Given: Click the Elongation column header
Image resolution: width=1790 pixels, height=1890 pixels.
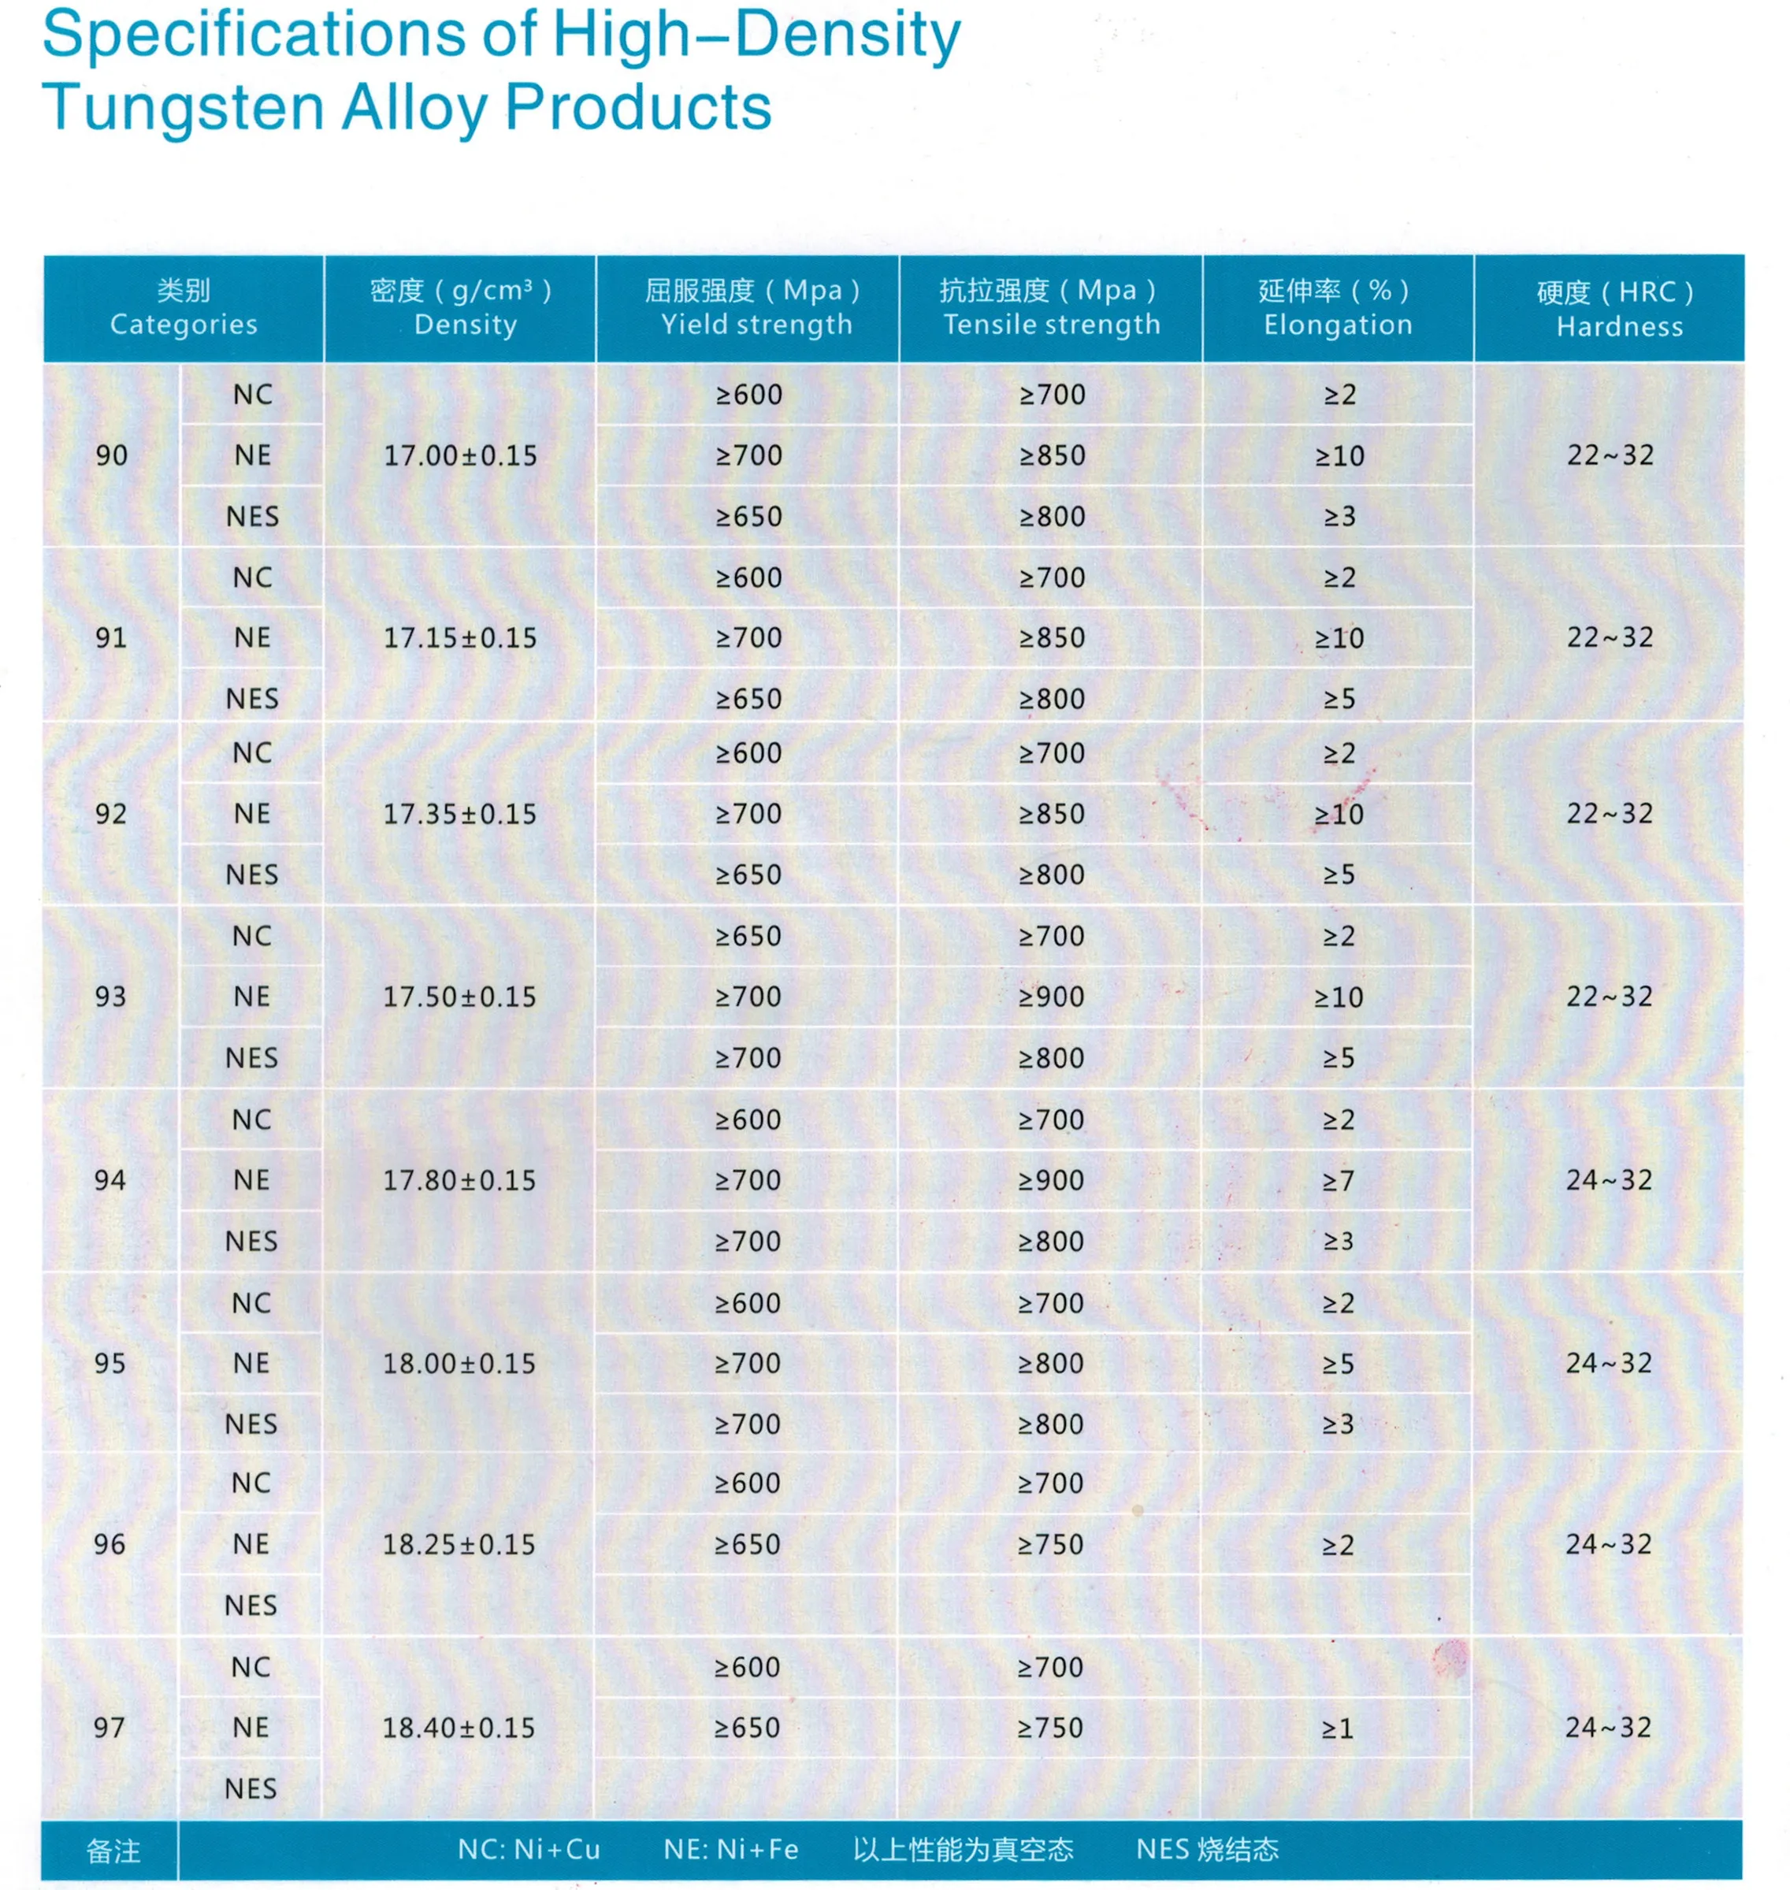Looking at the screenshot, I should pyautogui.click(x=1337, y=307).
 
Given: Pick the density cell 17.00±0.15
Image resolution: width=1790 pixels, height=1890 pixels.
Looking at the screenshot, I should pyautogui.click(x=460, y=455).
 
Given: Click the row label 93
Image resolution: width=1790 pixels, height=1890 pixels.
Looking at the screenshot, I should pyautogui.click(x=110, y=996).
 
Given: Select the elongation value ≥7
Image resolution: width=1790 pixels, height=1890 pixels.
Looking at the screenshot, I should pyautogui.click(x=1338, y=1180).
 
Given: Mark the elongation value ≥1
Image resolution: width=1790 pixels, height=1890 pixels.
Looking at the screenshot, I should pyautogui.click(x=1337, y=1728).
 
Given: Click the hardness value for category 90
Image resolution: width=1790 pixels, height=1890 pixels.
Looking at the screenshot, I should pyautogui.click(x=1610, y=455).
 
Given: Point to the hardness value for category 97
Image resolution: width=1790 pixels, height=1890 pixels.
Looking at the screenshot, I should pyautogui.click(x=1608, y=1727).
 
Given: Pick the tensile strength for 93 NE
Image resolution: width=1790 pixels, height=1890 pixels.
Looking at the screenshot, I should pyautogui.click(x=1050, y=996).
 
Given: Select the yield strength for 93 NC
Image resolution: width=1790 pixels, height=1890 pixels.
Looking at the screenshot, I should pyautogui.click(x=748, y=936).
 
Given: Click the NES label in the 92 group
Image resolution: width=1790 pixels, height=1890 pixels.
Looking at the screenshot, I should pyautogui.click(x=252, y=874).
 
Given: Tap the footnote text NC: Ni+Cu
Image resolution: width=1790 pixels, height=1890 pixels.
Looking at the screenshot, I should pyautogui.click(x=529, y=1850).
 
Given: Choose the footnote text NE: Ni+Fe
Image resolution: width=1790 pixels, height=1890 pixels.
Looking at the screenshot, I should pyautogui.click(x=731, y=1850).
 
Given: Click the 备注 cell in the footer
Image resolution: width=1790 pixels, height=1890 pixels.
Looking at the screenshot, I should pyautogui.click(x=113, y=1852).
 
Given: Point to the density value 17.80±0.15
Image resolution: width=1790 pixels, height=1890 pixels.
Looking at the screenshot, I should pyautogui.click(x=459, y=1180).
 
